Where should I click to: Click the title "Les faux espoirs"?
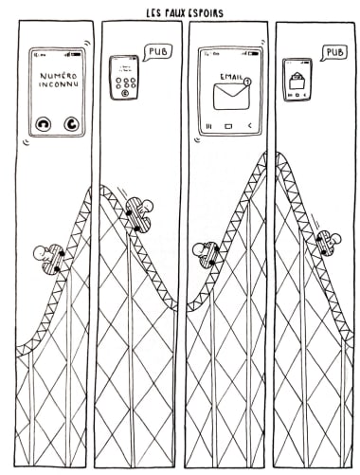(185, 13)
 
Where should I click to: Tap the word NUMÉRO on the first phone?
(59, 76)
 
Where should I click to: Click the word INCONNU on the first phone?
(59, 84)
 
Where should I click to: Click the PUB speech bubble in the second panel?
(157, 52)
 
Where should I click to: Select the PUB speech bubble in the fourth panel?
(334, 52)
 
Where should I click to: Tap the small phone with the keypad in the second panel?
(124, 78)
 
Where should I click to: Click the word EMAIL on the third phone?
(231, 77)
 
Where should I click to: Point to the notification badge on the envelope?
(248, 82)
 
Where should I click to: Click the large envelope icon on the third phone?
(231, 97)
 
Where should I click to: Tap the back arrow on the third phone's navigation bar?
(250, 126)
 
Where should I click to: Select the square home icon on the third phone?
(228, 126)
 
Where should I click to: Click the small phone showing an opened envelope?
(297, 80)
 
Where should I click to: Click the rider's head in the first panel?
(40, 253)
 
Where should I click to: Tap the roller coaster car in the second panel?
(138, 216)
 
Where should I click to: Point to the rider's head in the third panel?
(200, 249)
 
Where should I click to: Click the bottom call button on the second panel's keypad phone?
(125, 93)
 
